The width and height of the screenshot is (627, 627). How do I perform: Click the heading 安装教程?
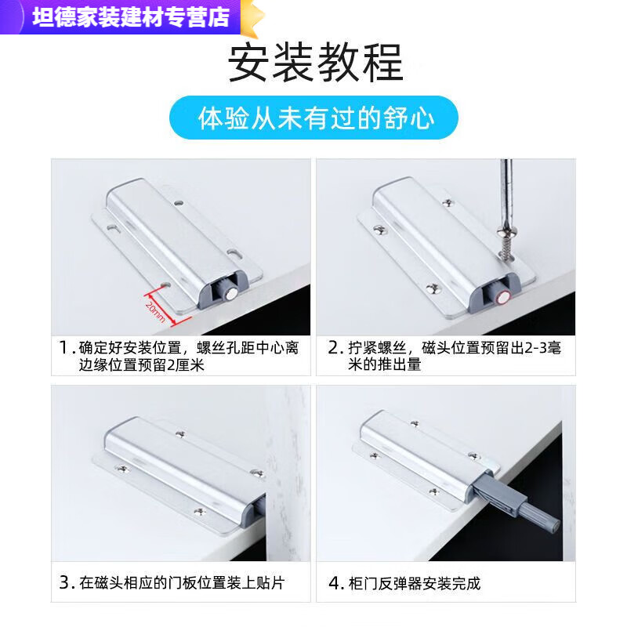[315, 63]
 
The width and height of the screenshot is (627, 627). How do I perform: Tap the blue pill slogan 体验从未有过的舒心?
[316, 118]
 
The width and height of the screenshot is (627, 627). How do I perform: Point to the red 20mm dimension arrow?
[155, 306]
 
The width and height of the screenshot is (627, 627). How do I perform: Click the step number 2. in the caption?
[334, 347]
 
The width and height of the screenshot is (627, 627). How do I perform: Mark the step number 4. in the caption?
[334, 583]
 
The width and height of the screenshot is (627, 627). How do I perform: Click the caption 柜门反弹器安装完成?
[415, 583]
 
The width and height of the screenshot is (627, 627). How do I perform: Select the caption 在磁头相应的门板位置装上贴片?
[188, 583]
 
